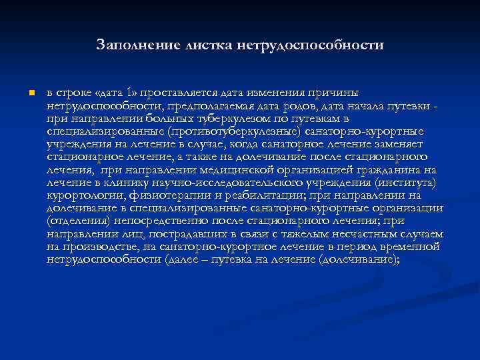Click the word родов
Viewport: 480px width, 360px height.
click(x=299, y=106)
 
